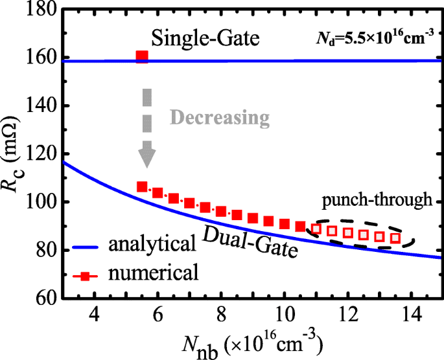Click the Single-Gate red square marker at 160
tap(142, 57)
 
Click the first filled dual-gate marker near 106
tap(142, 187)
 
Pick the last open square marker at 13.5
tap(395, 238)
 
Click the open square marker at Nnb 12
tap(348, 232)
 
